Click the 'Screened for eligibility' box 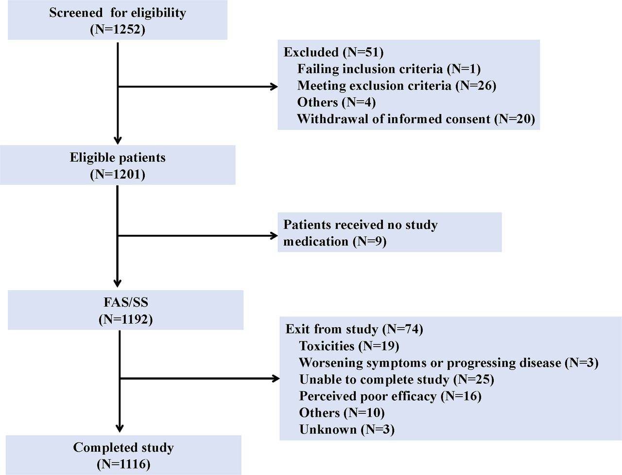pyautogui.click(x=117, y=20)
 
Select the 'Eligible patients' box pyautogui.click(x=117, y=165)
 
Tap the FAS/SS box pyautogui.click(x=125, y=310)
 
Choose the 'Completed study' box pyautogui.click(x=123, y=455)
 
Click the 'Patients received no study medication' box pyautogui.click(x=389, y=232)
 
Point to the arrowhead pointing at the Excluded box pyautogui.click(x=274, y=87)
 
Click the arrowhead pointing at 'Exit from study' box pyautogui.click(x=276, y=379)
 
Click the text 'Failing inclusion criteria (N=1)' pyautogui.click(x=389, y=69)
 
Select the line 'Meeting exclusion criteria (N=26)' pyautogui.click(x=397, y=86)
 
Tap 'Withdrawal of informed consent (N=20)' pyautogui.click(x=415, y=119)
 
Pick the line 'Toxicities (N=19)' pyautogui.click(x=349, y=346)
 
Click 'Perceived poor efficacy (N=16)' pyautogui.click(x=390, y=396)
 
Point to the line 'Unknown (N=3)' pyautogui.click(x=346, y=429)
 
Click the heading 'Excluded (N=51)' pyautogui.click(x=333, y=52)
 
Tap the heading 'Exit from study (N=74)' pyautogui.click(x=354, y=329)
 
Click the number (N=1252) pyautogui.click(x=118, y=29)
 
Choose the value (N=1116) pyautogui.click(x=123, y=464)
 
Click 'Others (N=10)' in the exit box pyautogui.click(x=342, y=413)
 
